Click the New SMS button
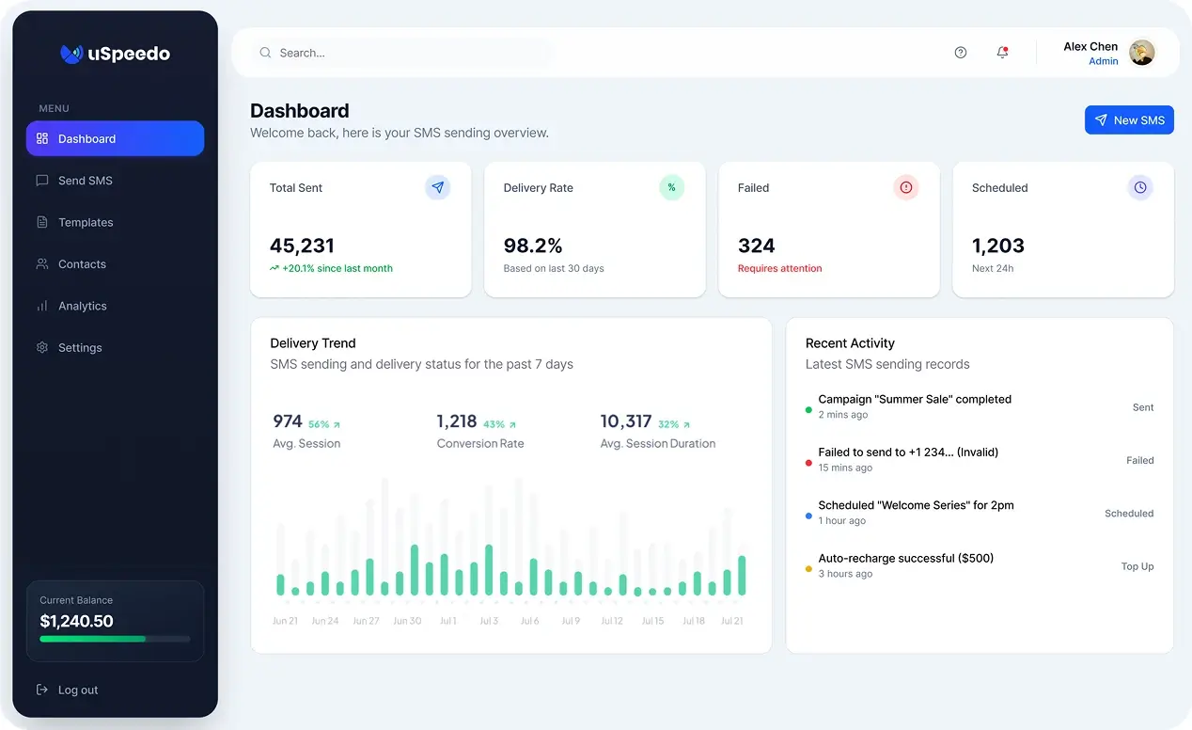[x=1128, y=120]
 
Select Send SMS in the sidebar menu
[x=85, y=181]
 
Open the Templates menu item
[x=86, y=223]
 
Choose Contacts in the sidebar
[x=82, y=264]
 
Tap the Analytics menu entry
[x=82, y=306]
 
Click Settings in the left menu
[x=80, y=348]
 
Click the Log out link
[x=77, y=690]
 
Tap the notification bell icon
[x=1002, y=53]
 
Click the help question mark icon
[x=960, y=53]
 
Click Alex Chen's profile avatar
[x=1141, y=53]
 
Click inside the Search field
[x=404, y=53]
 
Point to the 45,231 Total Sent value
[x=302, y=246]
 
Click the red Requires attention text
[x=779, y=269]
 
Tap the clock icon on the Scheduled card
[x=1139, y=188]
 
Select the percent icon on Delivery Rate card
[x=671, y=188]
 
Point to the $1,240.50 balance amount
[x=76, y=621]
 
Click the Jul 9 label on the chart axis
[x=571, y=621]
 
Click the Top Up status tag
[x=1137, y=566]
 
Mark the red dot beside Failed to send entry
[x=808, y=463]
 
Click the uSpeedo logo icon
[x=71, y=55]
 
